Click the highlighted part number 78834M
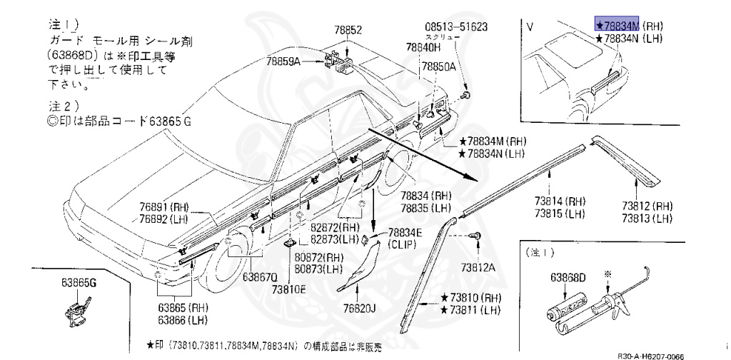coord(618,24)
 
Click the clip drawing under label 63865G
coord(74,311)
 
